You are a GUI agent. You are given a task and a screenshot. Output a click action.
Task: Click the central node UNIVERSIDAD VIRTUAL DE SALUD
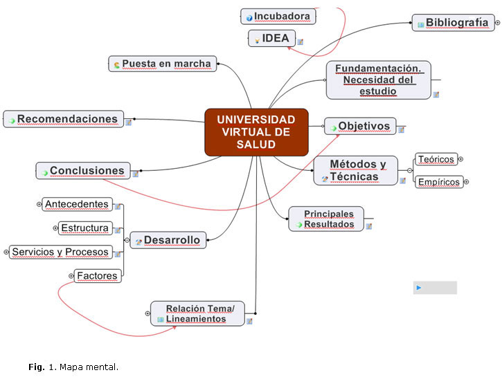pos(256,131)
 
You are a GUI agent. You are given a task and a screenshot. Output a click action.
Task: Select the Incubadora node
pos(278,16)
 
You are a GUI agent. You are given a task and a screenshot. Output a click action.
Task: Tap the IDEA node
pos(272,39)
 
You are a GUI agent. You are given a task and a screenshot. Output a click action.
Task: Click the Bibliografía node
pos(453,23)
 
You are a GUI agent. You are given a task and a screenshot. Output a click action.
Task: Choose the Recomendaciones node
pos(64,119)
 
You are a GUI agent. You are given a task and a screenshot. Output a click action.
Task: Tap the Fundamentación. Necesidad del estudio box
pos(378,80)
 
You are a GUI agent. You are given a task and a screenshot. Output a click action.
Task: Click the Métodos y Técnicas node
pos(356,170)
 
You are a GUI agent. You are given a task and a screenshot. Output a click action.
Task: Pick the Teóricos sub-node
pos(436,159)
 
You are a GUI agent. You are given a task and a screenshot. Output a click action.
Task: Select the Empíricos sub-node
pos(439,183)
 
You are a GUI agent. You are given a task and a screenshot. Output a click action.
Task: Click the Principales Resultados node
pos(326,219)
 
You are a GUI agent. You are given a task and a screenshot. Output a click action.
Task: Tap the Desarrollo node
pos(168,240)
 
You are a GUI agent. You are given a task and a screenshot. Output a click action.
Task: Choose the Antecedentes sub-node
pos(77,204)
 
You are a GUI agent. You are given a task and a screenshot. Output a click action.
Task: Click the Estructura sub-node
pos(84,228)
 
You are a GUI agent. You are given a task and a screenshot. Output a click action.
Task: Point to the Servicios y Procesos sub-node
pos(60,252)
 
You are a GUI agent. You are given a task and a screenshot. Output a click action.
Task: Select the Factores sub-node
pos(97,276)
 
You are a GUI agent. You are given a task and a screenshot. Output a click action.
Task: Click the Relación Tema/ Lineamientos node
pos(198,313)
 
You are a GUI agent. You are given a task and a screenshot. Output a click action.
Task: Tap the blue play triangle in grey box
pos(419,288)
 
